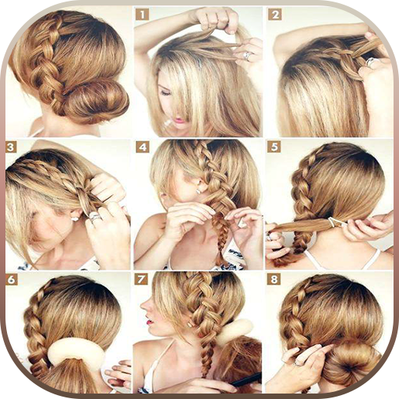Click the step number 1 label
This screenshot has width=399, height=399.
point(142,15)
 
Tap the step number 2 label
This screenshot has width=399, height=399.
point(275,15)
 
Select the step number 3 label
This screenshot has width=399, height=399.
point(11,147)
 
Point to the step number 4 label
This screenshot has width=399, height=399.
point(143,147)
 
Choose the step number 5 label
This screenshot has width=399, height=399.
point(274,147)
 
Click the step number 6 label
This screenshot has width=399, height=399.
point(11,280)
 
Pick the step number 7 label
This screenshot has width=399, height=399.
point(141,280)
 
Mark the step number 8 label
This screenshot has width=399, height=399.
point(274,280)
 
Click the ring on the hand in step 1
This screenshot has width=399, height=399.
point(247,55)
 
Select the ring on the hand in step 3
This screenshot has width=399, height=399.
point(94,216)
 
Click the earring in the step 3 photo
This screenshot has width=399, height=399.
point(76,219)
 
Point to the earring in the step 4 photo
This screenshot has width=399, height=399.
point(198,192)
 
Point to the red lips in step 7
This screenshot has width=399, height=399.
point(150,322)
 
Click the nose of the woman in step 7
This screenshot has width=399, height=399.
point(143,306)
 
